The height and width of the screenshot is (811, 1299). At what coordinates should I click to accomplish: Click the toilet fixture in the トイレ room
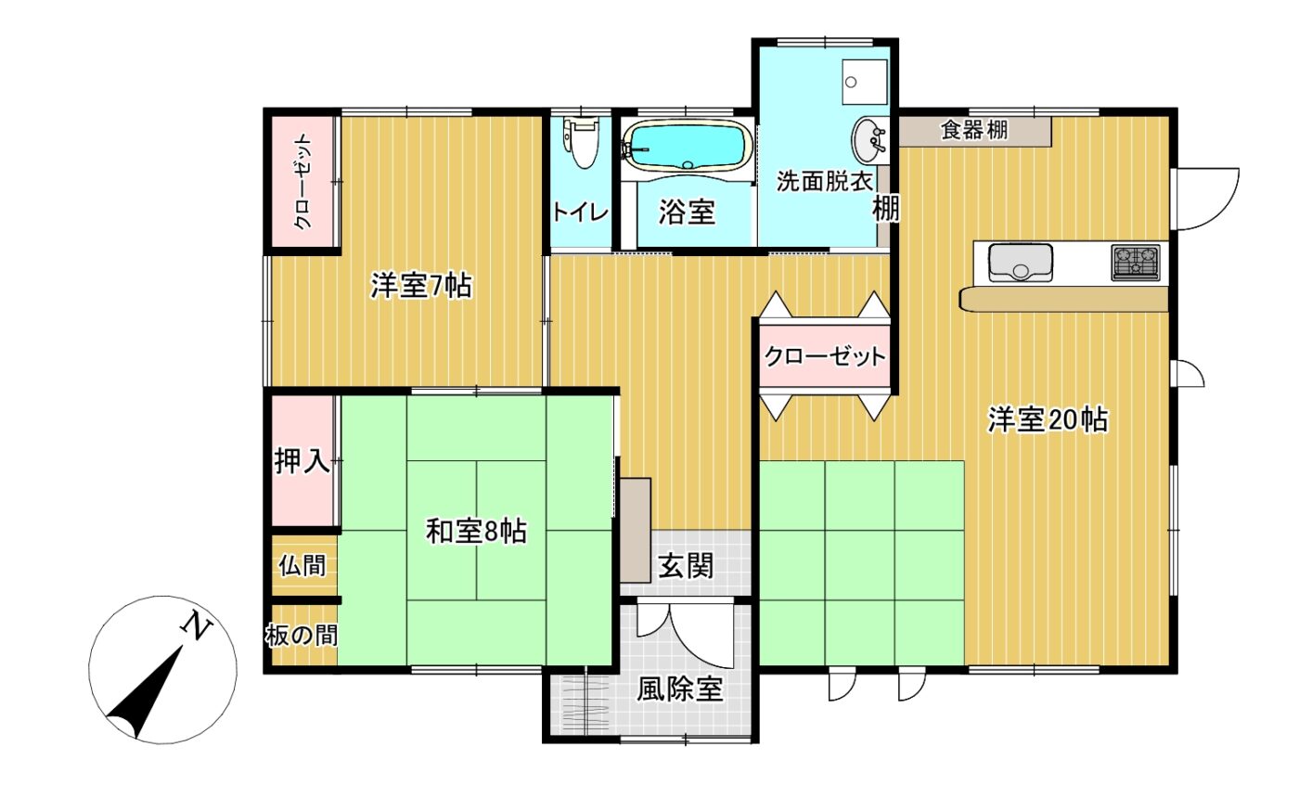tap(581, 143)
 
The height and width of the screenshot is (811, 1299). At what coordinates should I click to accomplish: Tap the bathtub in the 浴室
tap(688, 145)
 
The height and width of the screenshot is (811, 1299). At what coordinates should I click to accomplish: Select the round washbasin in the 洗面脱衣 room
tap(870, 141)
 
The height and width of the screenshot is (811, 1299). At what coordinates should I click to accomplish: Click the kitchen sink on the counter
tap(1020, 263)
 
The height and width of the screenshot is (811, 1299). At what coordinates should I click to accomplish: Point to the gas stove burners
tap(1136, 263)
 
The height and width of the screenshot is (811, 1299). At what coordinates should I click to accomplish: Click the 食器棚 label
tap(974, 130)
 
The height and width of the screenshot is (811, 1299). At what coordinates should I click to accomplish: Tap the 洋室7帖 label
tap(421, 286)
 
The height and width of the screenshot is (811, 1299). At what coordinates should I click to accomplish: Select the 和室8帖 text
tap(476, 531)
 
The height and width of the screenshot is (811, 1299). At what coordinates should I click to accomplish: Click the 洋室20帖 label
tap(1048, 420)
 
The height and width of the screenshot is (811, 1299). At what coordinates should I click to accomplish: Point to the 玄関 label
tap(686, 566)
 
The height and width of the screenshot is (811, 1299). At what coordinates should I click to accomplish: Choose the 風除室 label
tap(679, 689)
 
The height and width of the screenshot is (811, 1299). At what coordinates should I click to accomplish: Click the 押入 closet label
tap(302, 461)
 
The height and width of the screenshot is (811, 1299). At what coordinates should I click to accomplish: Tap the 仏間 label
tap(302, 566)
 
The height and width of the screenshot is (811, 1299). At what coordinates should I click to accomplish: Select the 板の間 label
tap(302, 636)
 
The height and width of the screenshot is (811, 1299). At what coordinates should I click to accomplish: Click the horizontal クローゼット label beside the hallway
tap(825, 356)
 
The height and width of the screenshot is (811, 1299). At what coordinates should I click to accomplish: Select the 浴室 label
tap(687, 212)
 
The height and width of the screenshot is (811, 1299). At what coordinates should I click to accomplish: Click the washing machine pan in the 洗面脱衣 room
tap(865, 82)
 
